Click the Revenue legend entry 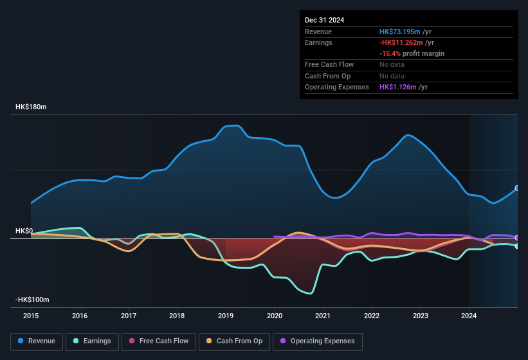(x=37, y=341)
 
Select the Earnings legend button (x=92, y=341)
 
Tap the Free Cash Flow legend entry (x=158, y=341)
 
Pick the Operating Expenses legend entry (x=318, y=341)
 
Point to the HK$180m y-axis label (x=31, y=107)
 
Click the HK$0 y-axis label (x=24, y=231)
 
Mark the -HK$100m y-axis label (x=32, y=300)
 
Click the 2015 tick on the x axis (x=31, y=316)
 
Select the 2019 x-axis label (x=226, y=316)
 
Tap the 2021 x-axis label (x=323, y=316)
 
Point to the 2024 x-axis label (x=469, y=316)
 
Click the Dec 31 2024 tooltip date (x=324, y=20)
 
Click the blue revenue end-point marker (x=517, y=188)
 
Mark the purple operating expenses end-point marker (x=517, y=238)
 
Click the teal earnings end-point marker (x=517, y=246)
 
